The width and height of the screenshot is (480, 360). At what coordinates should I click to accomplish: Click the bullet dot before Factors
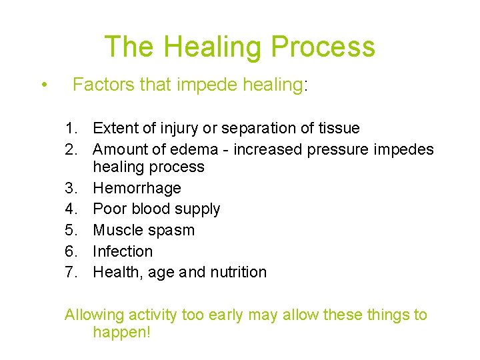(43, 85)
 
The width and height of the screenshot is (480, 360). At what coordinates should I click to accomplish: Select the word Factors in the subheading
(101, 85)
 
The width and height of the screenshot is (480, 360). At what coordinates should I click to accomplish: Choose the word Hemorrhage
(137, 188)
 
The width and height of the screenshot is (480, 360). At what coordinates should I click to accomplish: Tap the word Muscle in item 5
(117, 230)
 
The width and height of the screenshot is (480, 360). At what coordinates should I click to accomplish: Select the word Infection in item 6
(123, 251)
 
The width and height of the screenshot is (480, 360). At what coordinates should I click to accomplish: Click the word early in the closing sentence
(227, 315)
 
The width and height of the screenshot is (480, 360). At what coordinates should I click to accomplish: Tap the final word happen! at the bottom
(122, 333)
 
